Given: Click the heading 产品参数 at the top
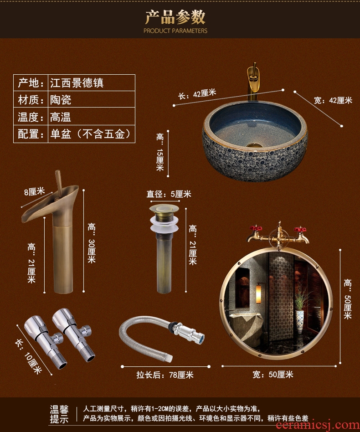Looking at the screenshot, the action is point(175,17).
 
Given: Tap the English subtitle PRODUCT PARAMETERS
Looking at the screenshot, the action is point(175,31).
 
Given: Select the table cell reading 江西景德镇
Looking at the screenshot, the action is point(77,82).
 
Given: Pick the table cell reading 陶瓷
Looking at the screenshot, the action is point(61,100).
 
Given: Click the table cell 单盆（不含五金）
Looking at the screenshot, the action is point(90,134).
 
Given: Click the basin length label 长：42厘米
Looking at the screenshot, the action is point(197,94).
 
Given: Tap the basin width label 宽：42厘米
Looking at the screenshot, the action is point(333,100).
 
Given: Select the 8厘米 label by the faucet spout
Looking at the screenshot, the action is point(34,191).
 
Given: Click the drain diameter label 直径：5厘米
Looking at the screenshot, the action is point(169,194).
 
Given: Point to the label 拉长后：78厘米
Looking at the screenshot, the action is point(165,375).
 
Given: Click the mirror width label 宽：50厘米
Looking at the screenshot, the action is point(273,375).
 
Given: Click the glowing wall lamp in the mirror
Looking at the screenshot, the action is point(258,294).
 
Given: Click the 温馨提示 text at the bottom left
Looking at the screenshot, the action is point(59,414).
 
